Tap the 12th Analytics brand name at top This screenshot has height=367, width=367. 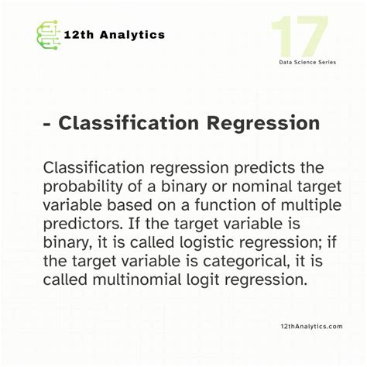(x=115, y=34)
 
